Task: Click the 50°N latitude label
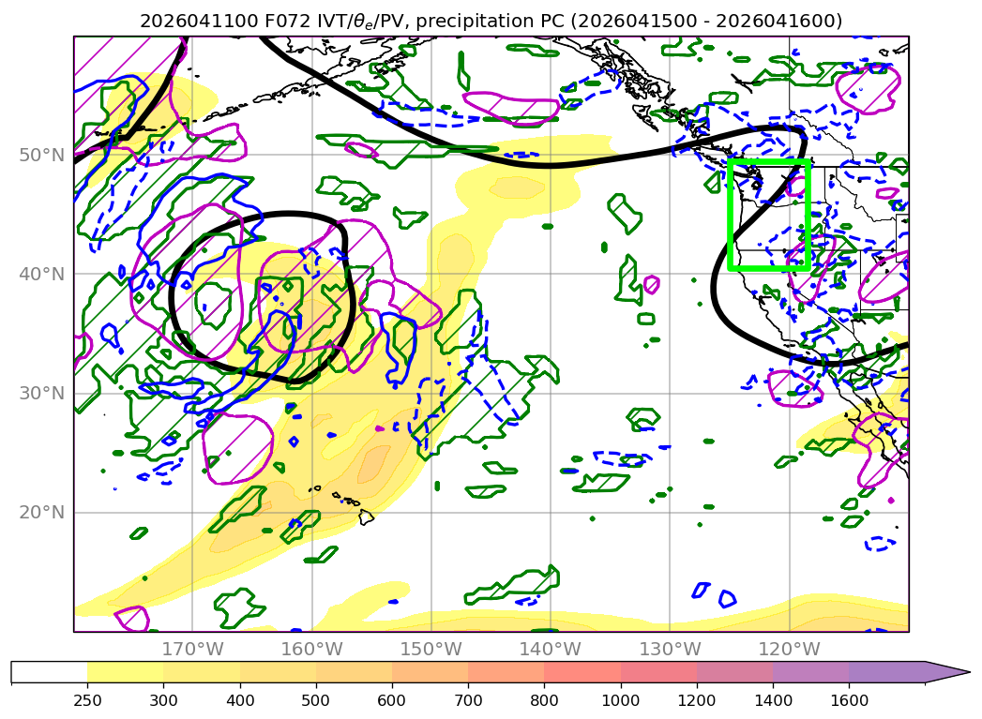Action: click(42, 156)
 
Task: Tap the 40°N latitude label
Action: click(42, 274)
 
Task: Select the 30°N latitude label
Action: click(42, 393)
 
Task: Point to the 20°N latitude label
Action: click(42, 513)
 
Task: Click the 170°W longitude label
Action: click(192, 649)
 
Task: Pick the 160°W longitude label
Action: click(312, 649)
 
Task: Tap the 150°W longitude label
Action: click(431, 649)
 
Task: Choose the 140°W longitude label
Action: click(551, 649)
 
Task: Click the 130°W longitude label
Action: click(670, 649)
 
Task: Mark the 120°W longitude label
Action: click(789, 649)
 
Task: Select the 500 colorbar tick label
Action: click(316, 700)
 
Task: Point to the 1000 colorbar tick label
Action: click(621, 700)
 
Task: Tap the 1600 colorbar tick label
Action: click(849, 700)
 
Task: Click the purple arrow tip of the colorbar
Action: click(969, 673)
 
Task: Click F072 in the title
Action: click(286, 22)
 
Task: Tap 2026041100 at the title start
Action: click(199, 22)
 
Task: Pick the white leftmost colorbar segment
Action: click(50, 673)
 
